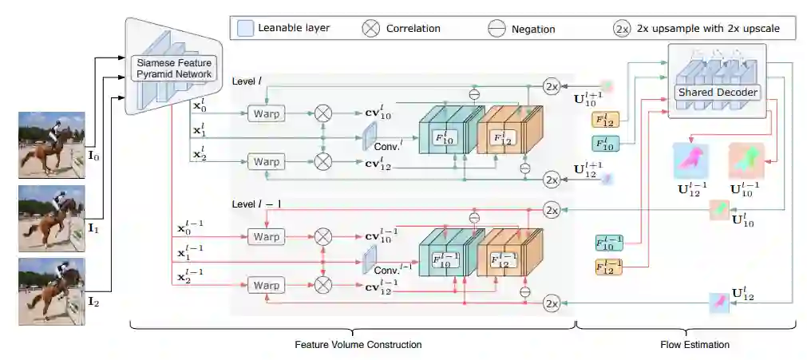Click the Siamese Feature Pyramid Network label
tap(172, 68)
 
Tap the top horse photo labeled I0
tap(51, 144)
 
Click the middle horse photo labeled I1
tap(51, 216)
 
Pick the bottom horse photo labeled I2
tap(51, 291)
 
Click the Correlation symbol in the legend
tap(371, 29)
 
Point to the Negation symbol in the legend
tap(496, 29)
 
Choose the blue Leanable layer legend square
tap(245, 29)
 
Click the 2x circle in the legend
tap(622, 29)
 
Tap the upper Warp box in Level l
tap(267, 114)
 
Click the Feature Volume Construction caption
tap(358, 345)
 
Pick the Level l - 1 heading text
tap(257, 204)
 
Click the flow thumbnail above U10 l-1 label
tap(746, 160)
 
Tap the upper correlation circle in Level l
tap(322, 114)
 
